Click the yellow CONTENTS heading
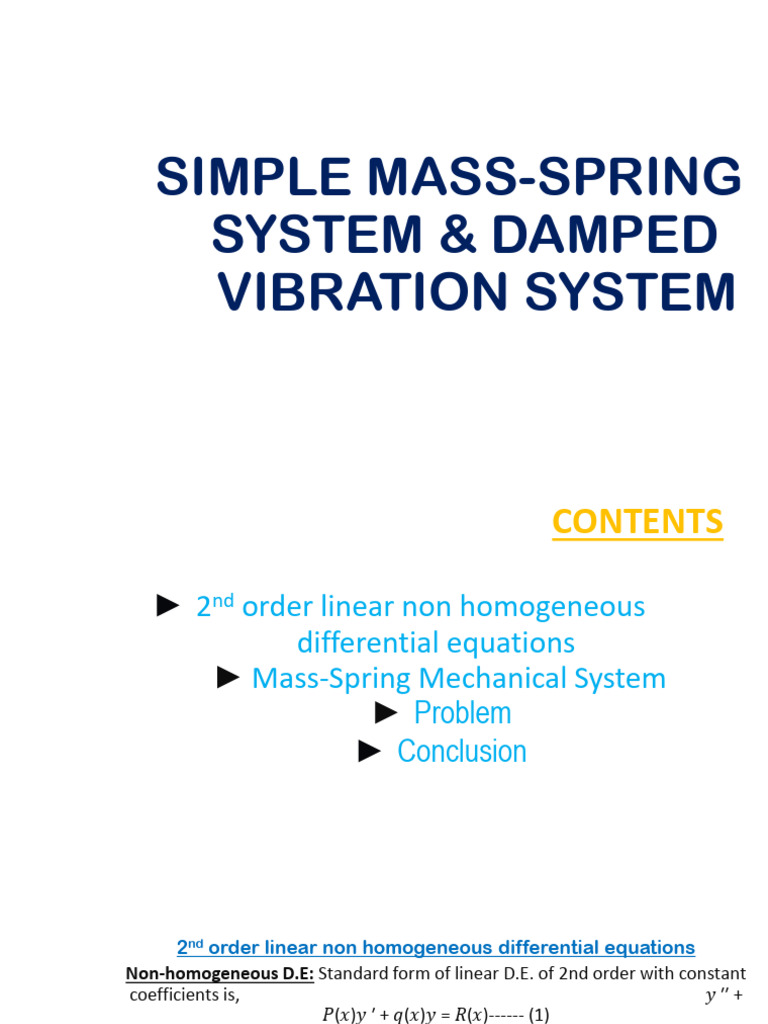coord(637,522)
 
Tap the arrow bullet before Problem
coord(387,712)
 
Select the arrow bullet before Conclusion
coord(370,751)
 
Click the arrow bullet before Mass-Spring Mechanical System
coord(228,678)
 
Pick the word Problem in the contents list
coord(462,713)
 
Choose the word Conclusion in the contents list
coord(462,751)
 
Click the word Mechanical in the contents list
coord(493,678)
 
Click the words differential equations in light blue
coord(436,642)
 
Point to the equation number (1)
coord(539,1014)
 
